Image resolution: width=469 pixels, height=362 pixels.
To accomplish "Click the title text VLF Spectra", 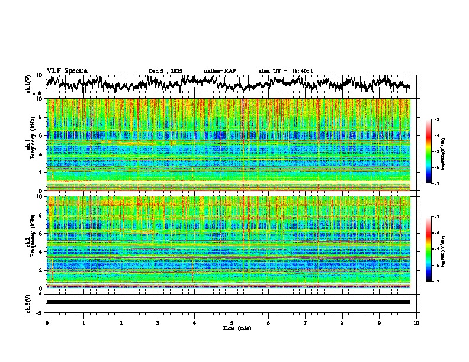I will click(x=66, y=71).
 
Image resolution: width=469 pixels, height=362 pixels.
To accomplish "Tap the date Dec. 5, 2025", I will click(x=165, y=71).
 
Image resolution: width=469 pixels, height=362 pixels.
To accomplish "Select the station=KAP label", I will click(x=219, y=71).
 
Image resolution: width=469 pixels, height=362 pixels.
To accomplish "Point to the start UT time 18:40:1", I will click(x=286, y=71).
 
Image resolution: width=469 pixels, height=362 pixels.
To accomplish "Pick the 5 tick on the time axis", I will click(x=232, y=323).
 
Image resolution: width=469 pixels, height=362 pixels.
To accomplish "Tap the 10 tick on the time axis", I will click(x=416, y=323).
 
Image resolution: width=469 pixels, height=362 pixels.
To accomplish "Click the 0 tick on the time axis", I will click(x=47, y=323).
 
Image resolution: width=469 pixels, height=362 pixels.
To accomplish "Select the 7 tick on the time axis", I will click(x=306, y=323).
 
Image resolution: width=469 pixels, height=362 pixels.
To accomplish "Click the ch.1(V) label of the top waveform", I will click(x=28, y=83).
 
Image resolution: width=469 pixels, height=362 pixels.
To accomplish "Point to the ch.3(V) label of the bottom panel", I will click(x=28, y=302).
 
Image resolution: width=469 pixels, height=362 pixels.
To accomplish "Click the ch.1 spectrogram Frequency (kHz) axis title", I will click(x=31, y=143).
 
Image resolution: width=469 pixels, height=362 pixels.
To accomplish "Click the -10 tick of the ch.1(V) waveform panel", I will click(x=38, y=93).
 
